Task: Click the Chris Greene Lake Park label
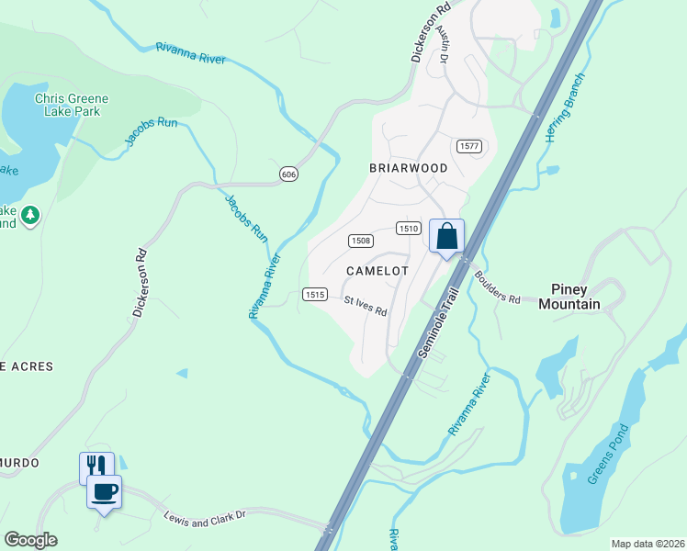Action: click(72, 105)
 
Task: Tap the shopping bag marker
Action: click(446, 236)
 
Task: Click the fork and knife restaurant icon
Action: click(95, 467)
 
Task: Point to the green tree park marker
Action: click(30, 215)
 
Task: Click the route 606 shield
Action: click(288, 174)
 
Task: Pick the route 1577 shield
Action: click(468, 146)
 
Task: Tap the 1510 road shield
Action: click(409, 228)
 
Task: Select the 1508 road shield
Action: click(360, 241)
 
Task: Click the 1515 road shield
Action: click(314, 294)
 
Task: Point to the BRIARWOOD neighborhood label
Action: click(408, 168)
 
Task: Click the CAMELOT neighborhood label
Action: click(377, 271)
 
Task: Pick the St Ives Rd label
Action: click(365, 306)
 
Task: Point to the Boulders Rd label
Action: click(497, 287)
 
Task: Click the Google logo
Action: click(30, 540)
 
